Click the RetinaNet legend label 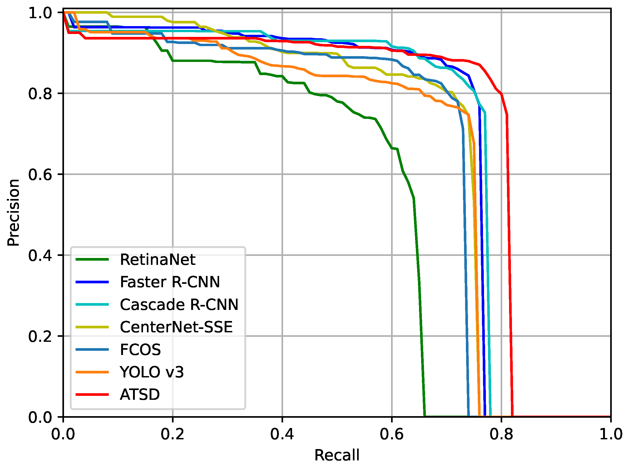[157, 260]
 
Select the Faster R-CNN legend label [170, 283]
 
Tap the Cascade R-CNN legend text [179, 305]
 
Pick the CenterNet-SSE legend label [176, 327]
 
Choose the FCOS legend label [140, 350]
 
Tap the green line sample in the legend [92, 260]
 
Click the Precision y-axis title [13, 213]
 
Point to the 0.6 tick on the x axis [392, 434]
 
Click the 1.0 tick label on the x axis [611, 434]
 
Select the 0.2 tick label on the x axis [172, 434]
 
